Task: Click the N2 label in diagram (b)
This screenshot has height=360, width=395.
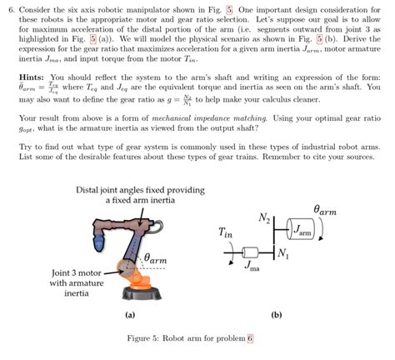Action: coord(264,219)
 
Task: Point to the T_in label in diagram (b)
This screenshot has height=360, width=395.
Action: coord(226,234)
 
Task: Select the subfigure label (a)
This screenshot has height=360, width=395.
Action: coord(129,316)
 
